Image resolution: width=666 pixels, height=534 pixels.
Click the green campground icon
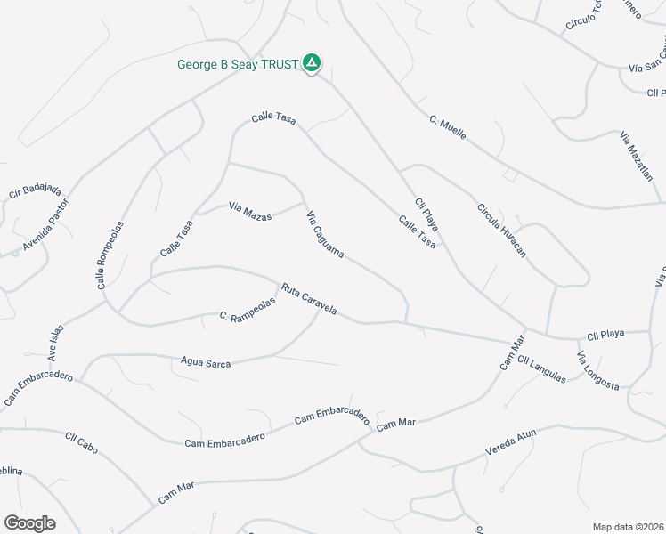click(x=312, y=62)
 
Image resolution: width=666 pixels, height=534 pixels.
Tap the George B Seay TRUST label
click(x=237, y=64)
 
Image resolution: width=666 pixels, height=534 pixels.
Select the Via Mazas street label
click(x=250, y=211)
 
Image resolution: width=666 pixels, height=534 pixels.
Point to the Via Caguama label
click(x=325, y=235)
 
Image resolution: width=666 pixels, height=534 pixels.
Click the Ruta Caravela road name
click(x=308, y=300)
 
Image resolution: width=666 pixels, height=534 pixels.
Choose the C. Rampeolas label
click(x=248, y=308)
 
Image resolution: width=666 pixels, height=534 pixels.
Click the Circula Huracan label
click(x=502, y=230)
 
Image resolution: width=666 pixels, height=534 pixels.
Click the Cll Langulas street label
click(x=541, y=369)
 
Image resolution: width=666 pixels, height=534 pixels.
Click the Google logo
click(x=29, y=522)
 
